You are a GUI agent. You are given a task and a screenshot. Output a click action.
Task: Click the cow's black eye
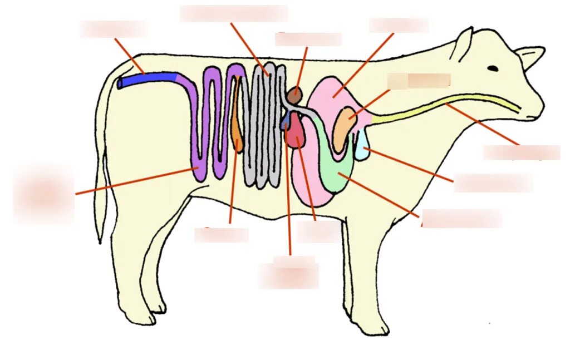point(493,68)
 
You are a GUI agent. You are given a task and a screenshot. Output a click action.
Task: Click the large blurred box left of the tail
point(43,193)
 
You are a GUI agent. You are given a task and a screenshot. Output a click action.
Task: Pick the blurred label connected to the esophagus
point(521,152)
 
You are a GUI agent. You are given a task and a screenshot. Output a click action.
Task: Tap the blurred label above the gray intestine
point(234,14)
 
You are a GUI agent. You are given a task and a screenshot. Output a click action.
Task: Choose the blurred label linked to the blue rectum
point(114,29)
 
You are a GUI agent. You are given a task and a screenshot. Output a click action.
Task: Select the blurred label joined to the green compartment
point(461,219)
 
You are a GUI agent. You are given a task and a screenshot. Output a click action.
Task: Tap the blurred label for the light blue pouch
point(493,183)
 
